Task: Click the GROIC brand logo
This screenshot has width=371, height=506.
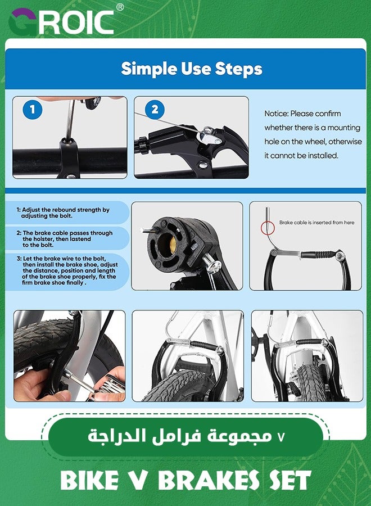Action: point(61,22)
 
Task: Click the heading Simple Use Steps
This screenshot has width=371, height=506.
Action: point(192,69)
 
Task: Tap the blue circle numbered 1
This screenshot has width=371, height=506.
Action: point(32,110)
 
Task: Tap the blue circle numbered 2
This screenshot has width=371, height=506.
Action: point(155,110)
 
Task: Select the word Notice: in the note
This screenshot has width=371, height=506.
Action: point(276,114)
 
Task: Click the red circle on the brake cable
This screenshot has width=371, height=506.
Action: point(268,228)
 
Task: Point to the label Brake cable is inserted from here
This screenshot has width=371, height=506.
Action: point(317,222)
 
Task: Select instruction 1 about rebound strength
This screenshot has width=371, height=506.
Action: point(63,213)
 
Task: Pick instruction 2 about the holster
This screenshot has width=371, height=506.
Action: point(65,239)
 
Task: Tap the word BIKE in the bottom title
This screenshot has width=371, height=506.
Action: point(89,480)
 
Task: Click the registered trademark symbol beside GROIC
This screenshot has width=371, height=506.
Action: point(120,7)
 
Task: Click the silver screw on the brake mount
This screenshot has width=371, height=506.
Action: point(211,264)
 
